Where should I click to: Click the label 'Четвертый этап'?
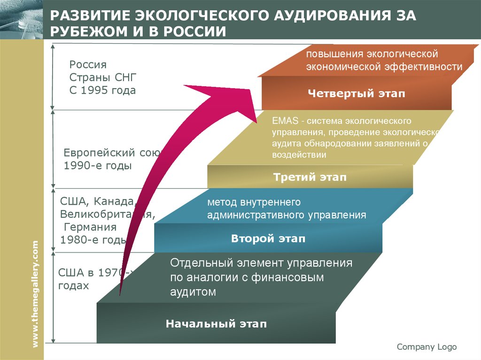click(356, 93)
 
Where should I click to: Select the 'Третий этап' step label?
click(310, 177)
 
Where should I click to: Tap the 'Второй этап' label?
click(268, 238)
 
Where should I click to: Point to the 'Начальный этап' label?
click(216, 323)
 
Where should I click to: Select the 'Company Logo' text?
click(427, 347)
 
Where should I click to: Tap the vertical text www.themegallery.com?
click(35, 294)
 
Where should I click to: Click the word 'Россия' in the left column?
click(88, 64)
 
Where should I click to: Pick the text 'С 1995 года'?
click(102, 90)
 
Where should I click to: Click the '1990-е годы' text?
click(98, 166)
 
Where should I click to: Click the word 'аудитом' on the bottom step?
click(193, 292)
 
